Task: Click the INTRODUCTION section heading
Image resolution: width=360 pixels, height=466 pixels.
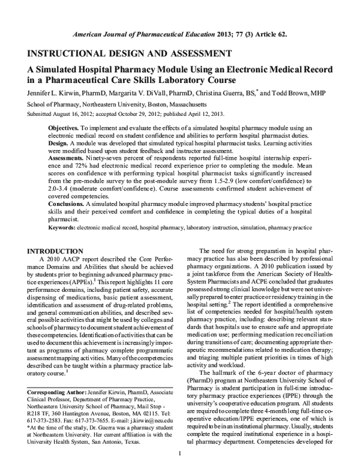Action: pos(57,250)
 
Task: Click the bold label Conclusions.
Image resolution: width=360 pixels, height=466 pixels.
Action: pos(68,204)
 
